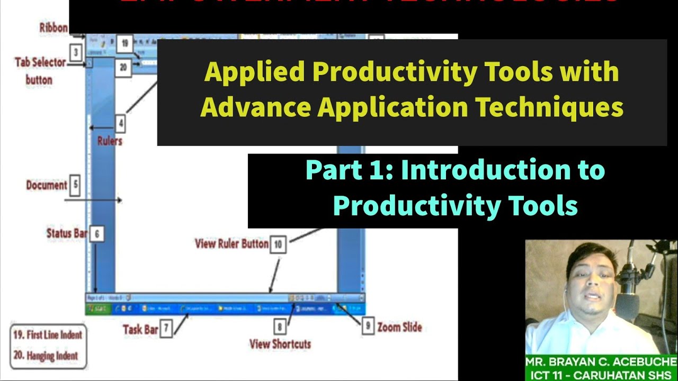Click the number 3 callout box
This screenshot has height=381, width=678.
coord(76,52)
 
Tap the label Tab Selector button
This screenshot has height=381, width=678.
coord(40,71)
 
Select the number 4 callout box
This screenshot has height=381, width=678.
coord(121,124)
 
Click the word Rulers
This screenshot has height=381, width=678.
coord(110,141)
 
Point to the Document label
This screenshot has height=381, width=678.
coord(47,185)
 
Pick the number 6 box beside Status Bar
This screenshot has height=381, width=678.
coord(96,233)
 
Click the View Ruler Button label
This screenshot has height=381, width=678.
coord(231,244)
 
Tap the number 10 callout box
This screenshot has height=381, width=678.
coord(278,244)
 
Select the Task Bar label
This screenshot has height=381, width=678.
coord(140,329)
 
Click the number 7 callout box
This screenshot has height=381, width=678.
coord(166,329)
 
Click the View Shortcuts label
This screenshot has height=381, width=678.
coord(280,344)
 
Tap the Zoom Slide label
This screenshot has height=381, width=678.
coord(399,327)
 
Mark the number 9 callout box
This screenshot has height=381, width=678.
coord(368,326)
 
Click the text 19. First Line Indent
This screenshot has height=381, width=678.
coord(48,334)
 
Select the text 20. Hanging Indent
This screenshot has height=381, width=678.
coord(45,356)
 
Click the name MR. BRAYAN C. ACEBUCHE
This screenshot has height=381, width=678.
coord(601,362)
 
